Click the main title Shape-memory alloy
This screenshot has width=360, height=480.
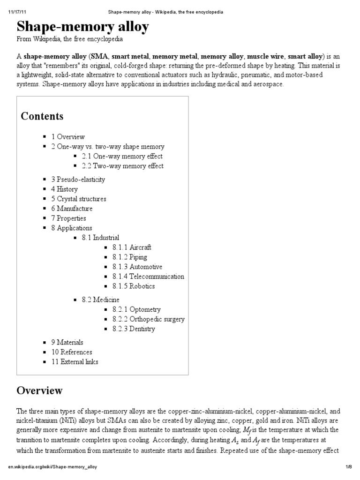point(83,27)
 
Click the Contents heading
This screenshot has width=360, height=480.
point(42,116)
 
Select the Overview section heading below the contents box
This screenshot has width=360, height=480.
point(39,390)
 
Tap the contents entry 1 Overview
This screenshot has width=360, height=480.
point(68,137)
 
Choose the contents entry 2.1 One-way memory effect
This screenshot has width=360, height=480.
point(122,156)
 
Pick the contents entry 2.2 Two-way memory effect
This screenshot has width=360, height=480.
point(122,166)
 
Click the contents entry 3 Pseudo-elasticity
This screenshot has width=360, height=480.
point(78,180)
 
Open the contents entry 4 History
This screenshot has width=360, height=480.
point(64,189)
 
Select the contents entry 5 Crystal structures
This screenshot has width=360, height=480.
point(79,199)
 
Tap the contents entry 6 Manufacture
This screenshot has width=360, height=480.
point(72,209)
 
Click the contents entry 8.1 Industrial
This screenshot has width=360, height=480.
point(100,238)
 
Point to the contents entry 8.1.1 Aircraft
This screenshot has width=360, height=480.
point(132,247)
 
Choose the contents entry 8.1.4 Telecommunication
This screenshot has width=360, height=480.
point(148,277)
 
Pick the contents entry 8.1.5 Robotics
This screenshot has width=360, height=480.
point(133,286)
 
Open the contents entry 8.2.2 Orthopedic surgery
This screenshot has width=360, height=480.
point(148,319)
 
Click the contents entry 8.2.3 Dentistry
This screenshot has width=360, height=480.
point(134,329)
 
